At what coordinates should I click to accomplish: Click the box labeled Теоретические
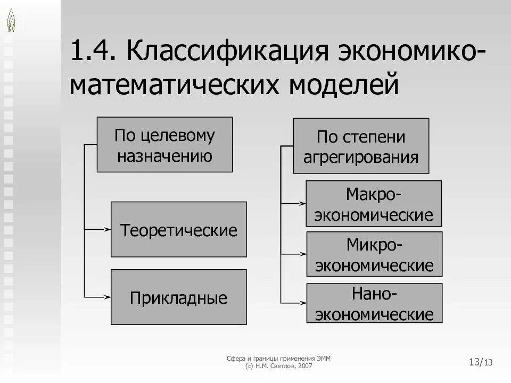tap(178, 229)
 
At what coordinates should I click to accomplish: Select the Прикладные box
tap(178, 297)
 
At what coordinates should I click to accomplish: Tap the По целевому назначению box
tap(164, 145)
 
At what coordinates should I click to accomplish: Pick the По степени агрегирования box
tap(361, 146)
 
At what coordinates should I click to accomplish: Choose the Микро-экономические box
tap(374, 254)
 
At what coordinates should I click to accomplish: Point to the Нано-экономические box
tap(374, 303)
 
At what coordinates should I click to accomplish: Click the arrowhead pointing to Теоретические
tap(108, 229)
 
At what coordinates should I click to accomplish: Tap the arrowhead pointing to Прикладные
tap(108, 297)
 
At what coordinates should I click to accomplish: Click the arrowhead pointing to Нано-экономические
tap(302, 303)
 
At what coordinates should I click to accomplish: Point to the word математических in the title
tap(175, 85)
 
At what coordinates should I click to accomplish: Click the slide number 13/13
tap(481, 362)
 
